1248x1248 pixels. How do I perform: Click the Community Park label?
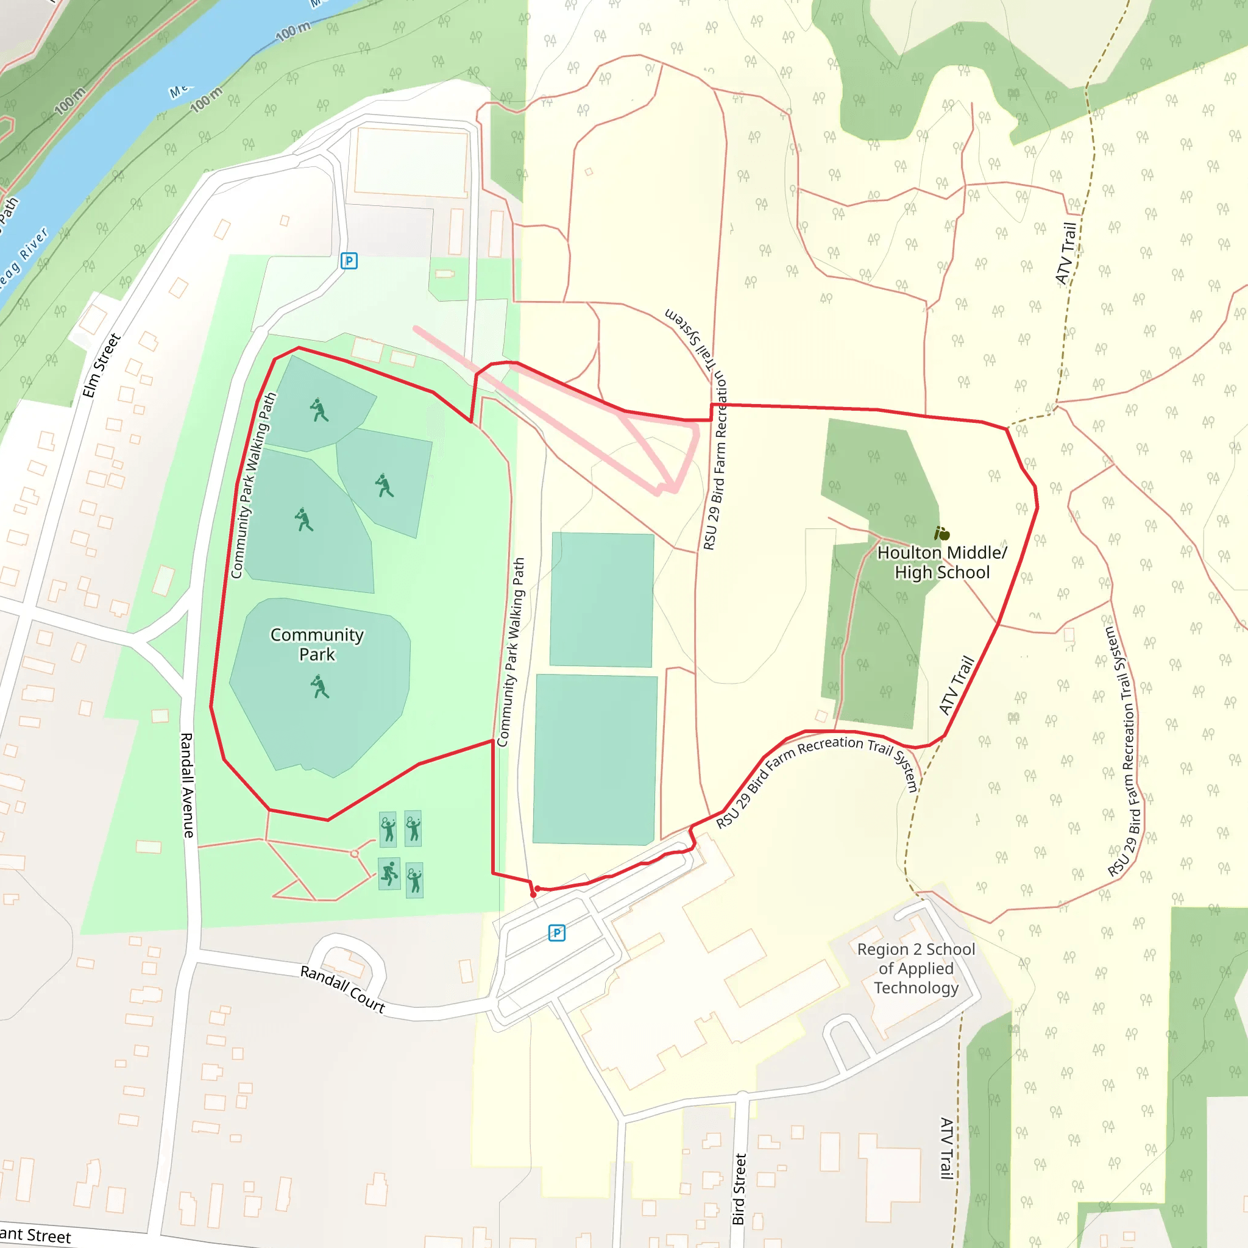point(316,644)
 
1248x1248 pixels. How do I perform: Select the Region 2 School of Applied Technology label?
point(915,968)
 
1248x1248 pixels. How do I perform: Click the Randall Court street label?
point(342,989)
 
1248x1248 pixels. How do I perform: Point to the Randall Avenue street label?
point(186,785)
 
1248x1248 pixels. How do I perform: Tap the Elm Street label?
point(101,366)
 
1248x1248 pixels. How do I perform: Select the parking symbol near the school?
point(556,933)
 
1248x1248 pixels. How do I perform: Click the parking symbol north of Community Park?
point(349,261)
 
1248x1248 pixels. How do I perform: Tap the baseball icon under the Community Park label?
point(319,686)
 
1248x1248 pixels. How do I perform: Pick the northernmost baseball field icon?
point(319,409)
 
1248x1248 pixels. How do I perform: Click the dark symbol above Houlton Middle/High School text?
point(942,534)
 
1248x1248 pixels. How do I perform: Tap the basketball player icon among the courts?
point(389,873)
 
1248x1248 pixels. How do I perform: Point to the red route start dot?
point(534,895)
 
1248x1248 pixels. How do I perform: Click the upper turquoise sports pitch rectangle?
point(601,600)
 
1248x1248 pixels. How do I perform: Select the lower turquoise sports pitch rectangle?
point(595,759)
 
